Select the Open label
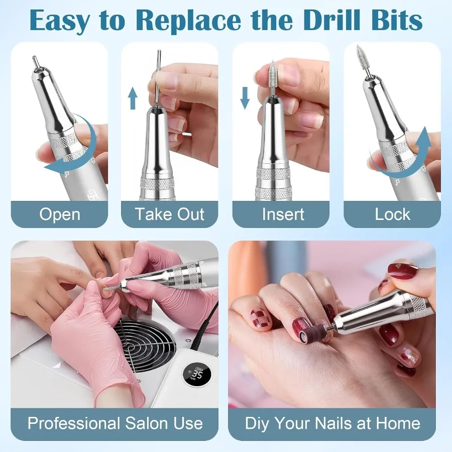click(x=60, y=214)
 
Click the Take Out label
click(x=170, y=214)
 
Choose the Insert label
click(x=283, y=214)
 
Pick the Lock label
click(x=392, y=214)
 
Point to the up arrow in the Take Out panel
click(x=133, y=98)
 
